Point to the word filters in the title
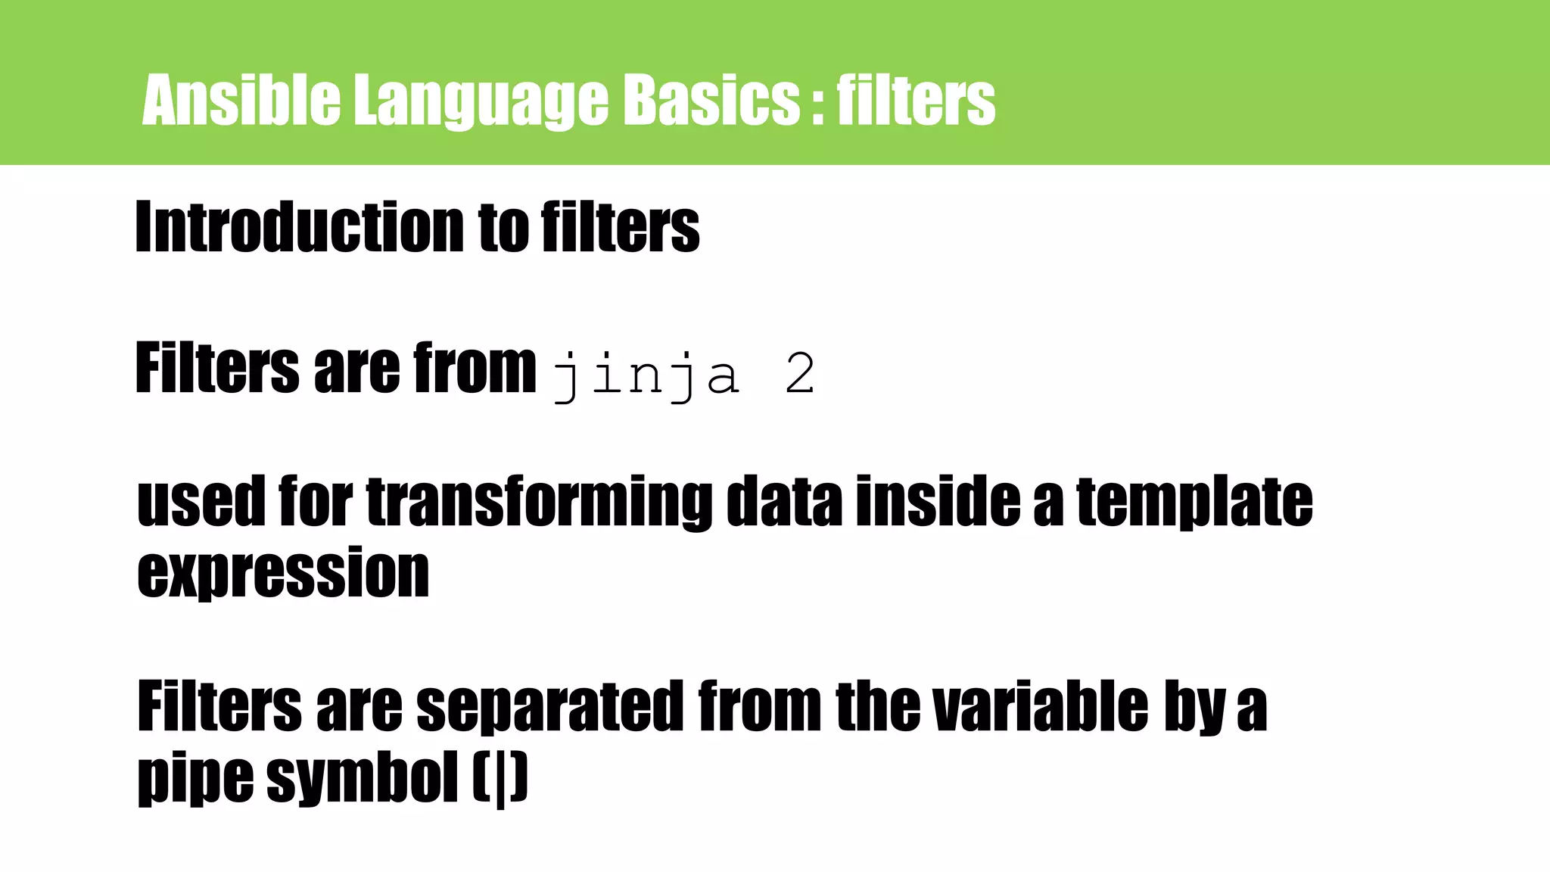coord(916,100)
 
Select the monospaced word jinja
coord(646,375)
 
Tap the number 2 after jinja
coord(800,375)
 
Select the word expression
coord(283,573)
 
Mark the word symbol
coord(363,779)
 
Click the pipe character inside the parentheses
coord(500,780)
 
